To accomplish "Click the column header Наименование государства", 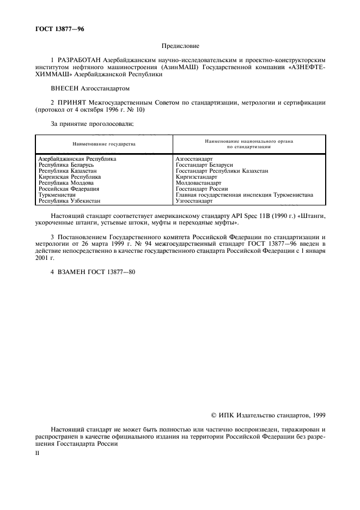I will [104, 144].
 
